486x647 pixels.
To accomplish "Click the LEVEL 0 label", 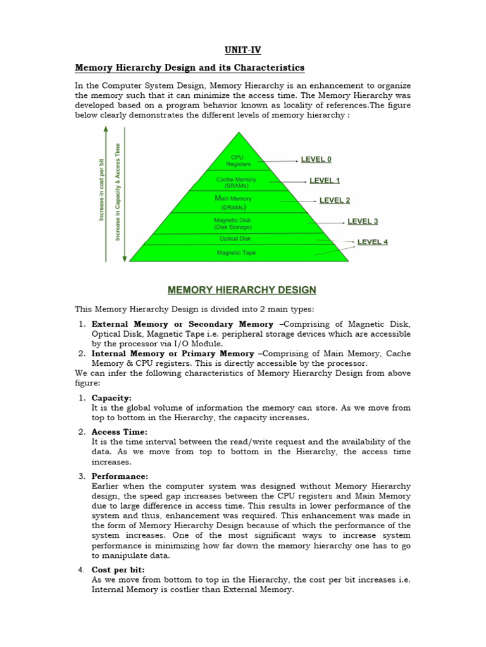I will [316, 160].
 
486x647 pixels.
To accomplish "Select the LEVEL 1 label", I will [325, 181].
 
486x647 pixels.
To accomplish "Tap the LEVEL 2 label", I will [335, 201].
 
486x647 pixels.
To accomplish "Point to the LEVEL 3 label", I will [363, 222].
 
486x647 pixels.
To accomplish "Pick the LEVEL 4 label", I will [373, 242].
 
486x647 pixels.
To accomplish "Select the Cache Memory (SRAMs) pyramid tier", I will [236, 183].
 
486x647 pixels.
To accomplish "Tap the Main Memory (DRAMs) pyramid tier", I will [235, 202].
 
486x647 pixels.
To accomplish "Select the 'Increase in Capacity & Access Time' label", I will [118, 192].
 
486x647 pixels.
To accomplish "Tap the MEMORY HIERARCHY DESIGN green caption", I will [242, 291].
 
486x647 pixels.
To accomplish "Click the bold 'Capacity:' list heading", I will [111, 398].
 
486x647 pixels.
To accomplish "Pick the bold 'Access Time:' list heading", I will [120, 432].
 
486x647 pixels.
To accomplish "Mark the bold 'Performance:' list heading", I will [120, 476].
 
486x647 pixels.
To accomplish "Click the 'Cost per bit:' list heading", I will [118, 570].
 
